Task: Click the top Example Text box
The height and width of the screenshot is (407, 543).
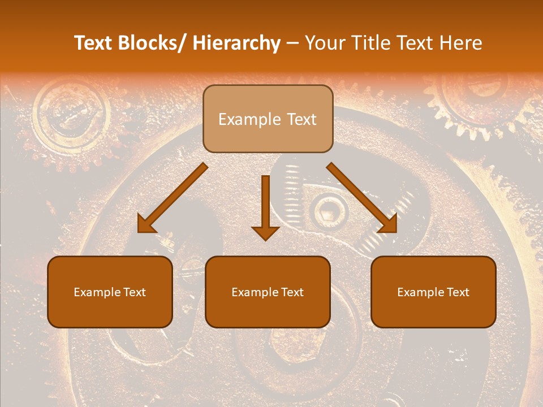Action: (x=268, y=119)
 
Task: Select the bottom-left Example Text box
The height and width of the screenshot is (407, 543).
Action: (x=110, y=292)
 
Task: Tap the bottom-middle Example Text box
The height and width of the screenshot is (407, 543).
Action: (x=268, y=292)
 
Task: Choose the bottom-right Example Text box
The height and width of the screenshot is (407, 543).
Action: (x=433, y=292)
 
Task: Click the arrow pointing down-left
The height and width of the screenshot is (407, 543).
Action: (x=172, y=198)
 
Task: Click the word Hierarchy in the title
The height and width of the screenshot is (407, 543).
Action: (x=236, y=43)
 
